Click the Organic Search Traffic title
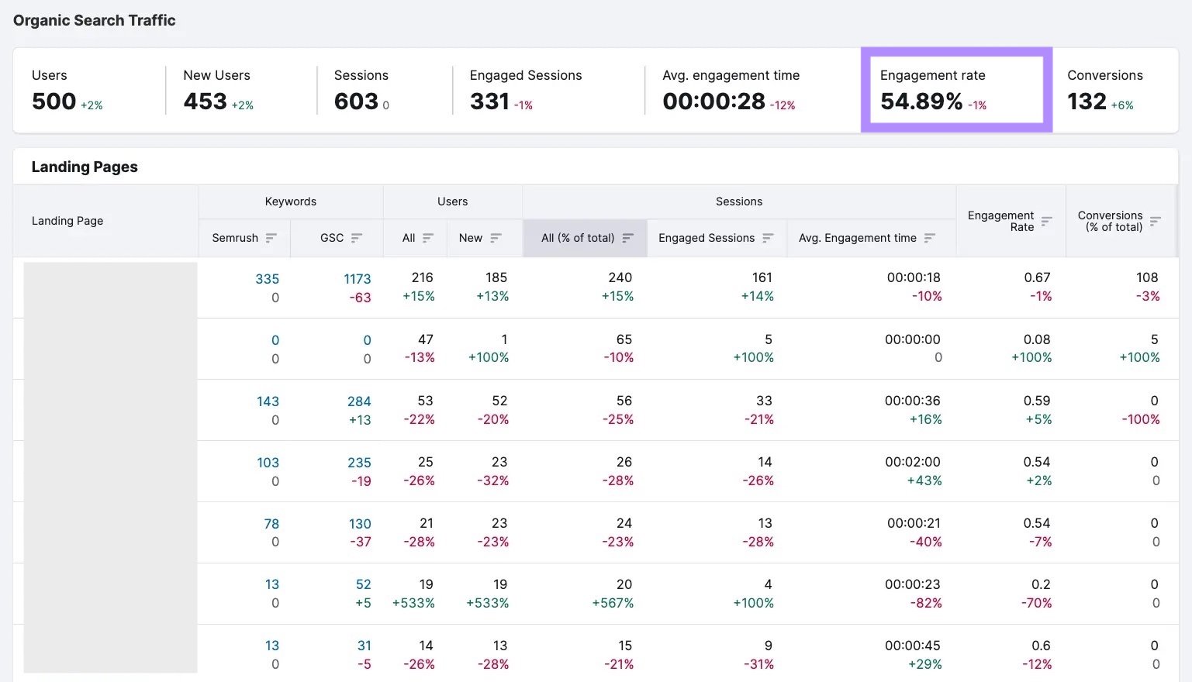pyautogui.click(x=95, y=21)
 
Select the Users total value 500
pyautogui.click(x=54, y=102)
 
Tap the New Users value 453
pyautogui.click(x=205, y=102)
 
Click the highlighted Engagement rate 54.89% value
pyautogui.click(x=921, y=102)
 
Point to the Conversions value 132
pyautogui.click(x=1087, y=102)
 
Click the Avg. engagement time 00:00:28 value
pyautogui.click(x=713, y=102)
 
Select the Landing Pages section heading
pyautogui.click(x=85, y=167)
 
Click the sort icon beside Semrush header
pyautogui.click(x=271, y=238)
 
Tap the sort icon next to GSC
pyautogui.click(x=357, y=238)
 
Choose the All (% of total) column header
pyautogui.click(x=578, y=238)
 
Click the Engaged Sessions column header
pyautogui.click(x=706, y=238)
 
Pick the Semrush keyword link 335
pyautogui.click(x=267, y=279)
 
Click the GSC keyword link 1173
pyautogui.click(x=358, y=279)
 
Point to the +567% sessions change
pyautogui.click(x=613, y=603)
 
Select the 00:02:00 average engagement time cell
pyautogui.click(x=912, y=462)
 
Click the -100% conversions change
pyautogui.click(x=1140, y=419)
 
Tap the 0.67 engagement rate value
pyautogui.click(x=1037, y=277)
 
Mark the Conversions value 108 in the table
pyautogui.click(x=1146, y=277)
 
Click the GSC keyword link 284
pyautogui.click(x=359, y=401)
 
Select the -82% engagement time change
pyautogui.click(x=926, y=603)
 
